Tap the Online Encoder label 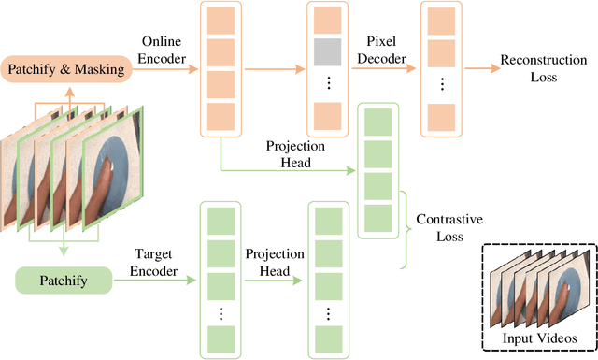(166, 50)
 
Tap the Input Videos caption (538, 338)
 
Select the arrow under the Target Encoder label (153, 280)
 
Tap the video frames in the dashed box (537, 290)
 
